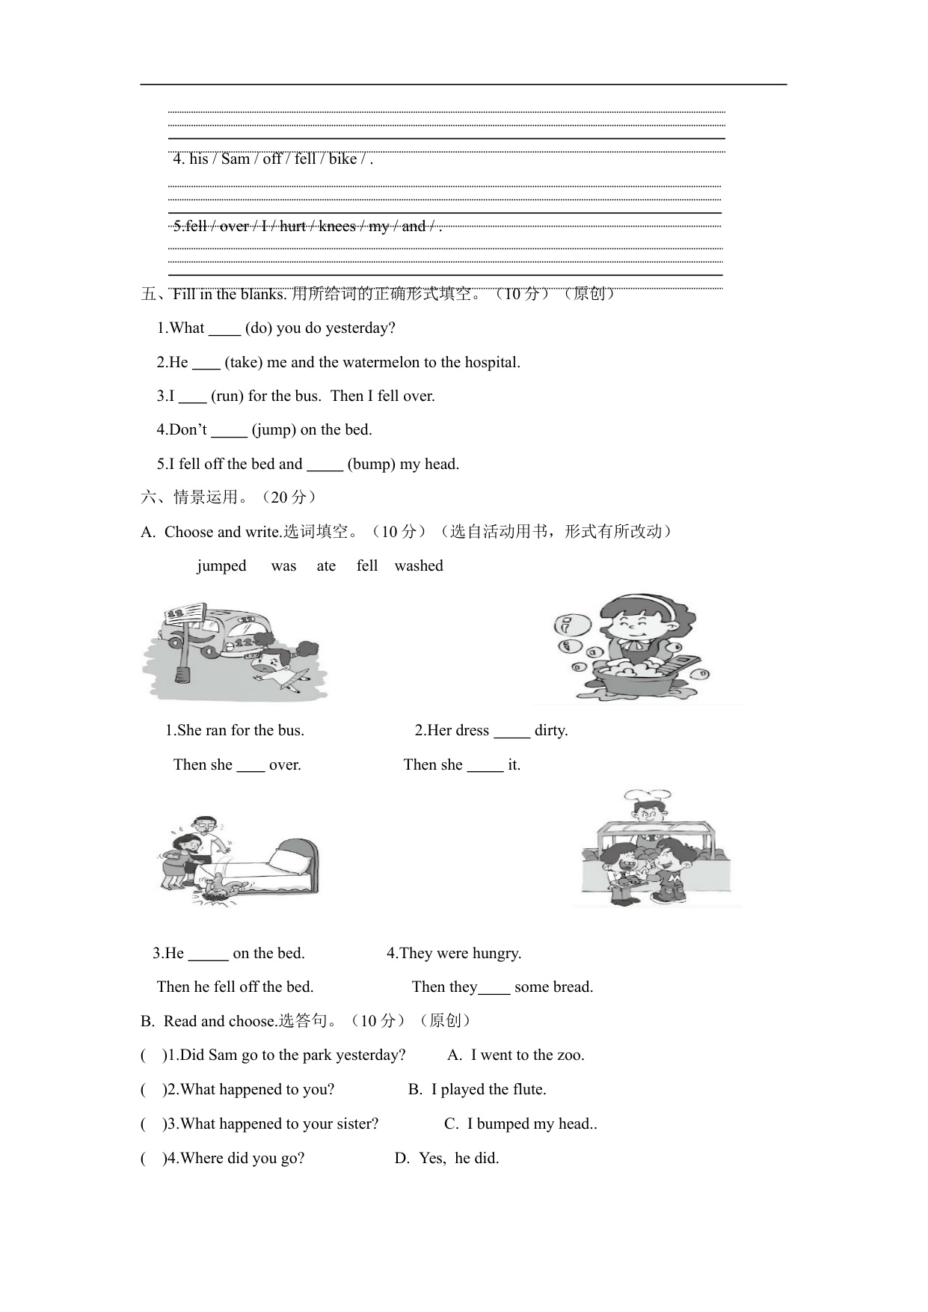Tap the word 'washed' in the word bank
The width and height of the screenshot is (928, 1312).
[x=419, y=566]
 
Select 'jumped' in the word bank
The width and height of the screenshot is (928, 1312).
[x=221, y=566]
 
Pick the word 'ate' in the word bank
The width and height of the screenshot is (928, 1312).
[x=326, y=566]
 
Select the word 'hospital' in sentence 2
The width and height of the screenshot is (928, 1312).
[x=491, y=363]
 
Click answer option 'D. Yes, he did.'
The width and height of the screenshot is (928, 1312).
[x=446, y=1159]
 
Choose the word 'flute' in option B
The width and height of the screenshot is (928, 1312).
[x=527, y=1090]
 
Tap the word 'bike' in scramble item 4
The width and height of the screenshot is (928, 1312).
[x=342, y=159]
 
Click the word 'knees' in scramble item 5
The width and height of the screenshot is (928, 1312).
[x=337, y=227]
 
